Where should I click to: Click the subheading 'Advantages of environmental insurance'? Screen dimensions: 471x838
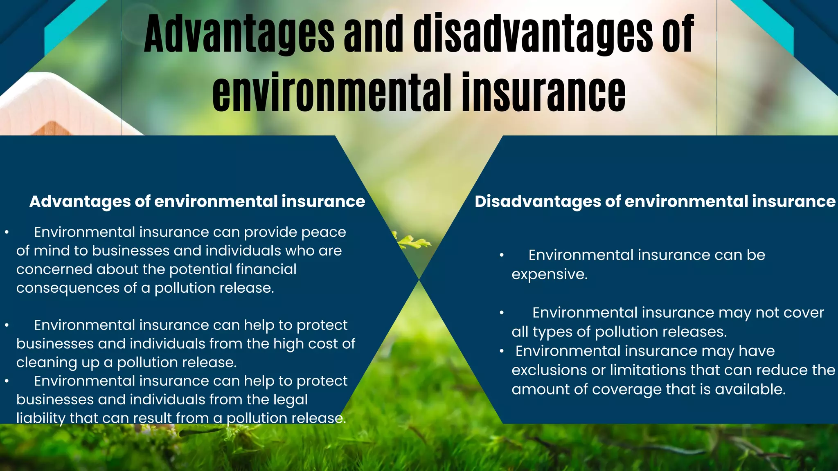coord(197,202)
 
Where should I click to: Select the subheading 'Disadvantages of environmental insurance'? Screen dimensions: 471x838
coord(655,202)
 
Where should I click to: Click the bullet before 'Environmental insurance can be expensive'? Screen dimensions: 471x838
coord(502,256)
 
